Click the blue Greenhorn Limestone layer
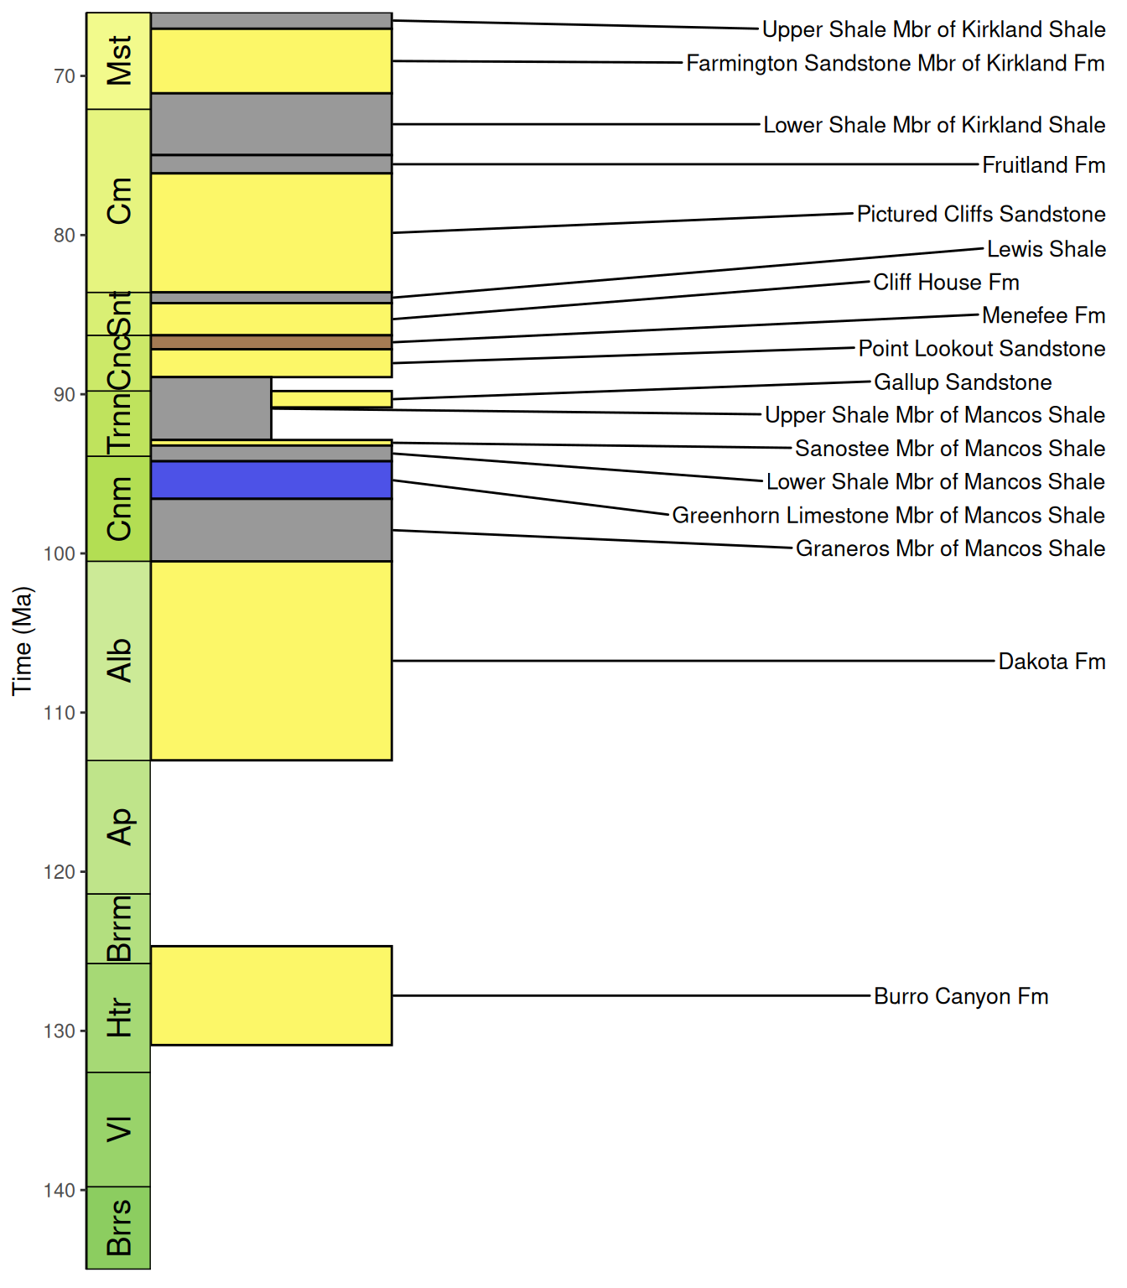coord(272,480)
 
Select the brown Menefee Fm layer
coord(272,342)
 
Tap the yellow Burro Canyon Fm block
coord(272,995)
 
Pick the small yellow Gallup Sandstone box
coord(332,399)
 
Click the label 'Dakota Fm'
coord(1052,661)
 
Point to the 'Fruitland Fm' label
coord(1044,165)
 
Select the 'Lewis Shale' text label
coord(1046,249)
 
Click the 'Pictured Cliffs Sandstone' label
coord(981,214)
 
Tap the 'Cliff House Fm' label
coord(946,282)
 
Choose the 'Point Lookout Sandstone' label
coord(982,348)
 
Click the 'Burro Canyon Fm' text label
coord(961,996)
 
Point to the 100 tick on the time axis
coord(82,553)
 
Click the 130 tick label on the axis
coord(60,1031)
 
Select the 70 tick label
coord(65,76)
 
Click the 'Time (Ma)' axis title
coord(22,641)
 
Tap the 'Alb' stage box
coord(118,661)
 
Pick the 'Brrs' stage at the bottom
coord(118,1227)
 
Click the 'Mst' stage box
coord(118,61)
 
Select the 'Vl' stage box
coord(118,1130)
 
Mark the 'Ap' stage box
coord(118,827)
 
